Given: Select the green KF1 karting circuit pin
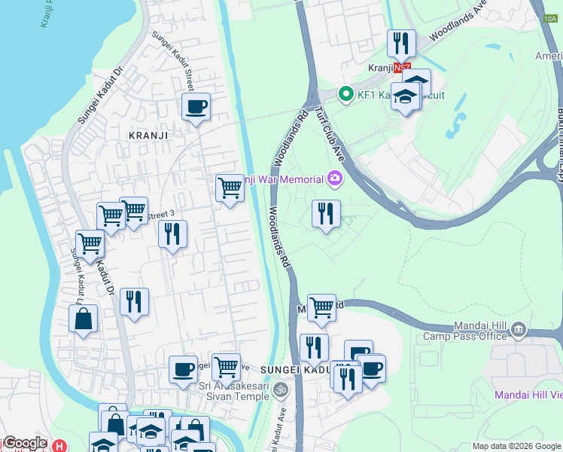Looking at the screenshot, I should (346, 94).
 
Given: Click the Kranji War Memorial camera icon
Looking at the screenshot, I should (334, 179).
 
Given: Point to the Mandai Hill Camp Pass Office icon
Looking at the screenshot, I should (518, 329).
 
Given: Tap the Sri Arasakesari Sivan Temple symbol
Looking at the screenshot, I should (281, 389).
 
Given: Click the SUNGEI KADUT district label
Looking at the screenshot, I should (295, 370).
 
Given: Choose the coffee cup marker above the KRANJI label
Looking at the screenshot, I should (196, 107).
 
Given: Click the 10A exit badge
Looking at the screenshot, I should (548, 26).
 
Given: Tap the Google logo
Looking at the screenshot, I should (24, 444).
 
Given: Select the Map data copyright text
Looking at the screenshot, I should (516, 446).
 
